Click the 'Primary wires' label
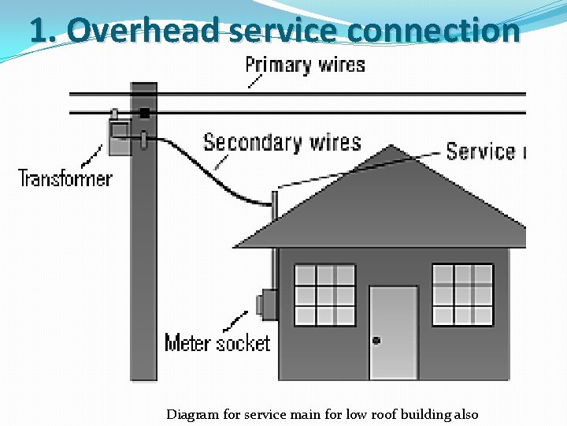coord(305,65)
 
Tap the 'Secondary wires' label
coord(282,143)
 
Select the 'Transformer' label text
coord(65,178)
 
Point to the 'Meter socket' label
coord(217,343)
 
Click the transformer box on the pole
coord(120,136)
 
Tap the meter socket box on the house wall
coord(268,305)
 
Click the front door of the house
coord(393,332)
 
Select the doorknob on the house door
coord(376,341)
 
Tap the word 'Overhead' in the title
coord(146,31)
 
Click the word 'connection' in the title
coord(432,31)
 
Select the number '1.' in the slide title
coord(43,31)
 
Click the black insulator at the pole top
coord(144,113)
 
